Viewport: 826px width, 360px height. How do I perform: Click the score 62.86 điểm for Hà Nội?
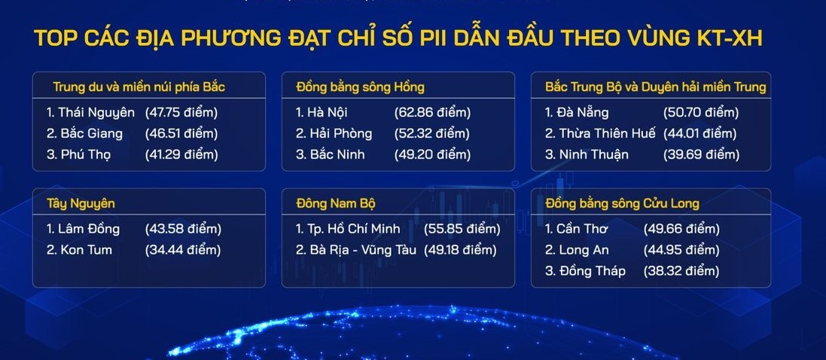tap(432, 113)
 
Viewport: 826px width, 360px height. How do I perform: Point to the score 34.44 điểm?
tap(182, 249)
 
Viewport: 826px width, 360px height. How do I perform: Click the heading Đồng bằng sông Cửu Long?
tap(623, 203)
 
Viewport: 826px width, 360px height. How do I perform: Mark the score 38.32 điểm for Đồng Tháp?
tap(681, 271)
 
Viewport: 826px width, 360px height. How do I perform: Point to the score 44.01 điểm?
tap(700, 133)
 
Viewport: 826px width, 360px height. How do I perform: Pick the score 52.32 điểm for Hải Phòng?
tap(432, 133)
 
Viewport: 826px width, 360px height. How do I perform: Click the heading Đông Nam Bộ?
tap(336, 203)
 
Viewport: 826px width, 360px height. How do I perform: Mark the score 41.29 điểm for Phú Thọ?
tap(181, 154)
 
